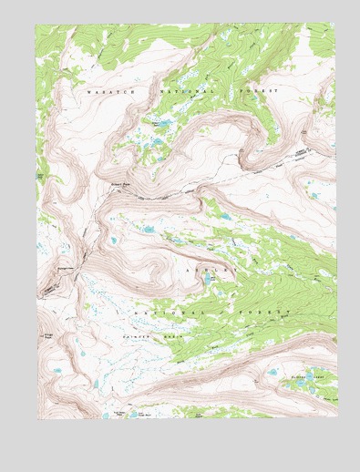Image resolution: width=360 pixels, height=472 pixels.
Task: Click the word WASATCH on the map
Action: click(104, 92)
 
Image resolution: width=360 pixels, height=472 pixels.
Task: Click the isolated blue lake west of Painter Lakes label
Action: click(271, 373)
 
